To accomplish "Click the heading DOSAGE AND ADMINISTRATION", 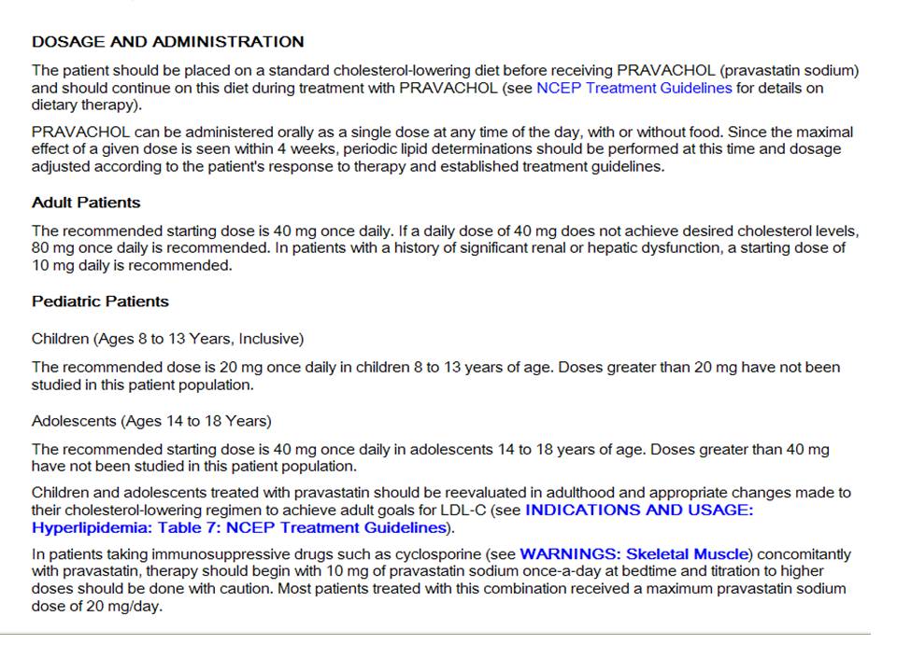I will [x=168, y=42].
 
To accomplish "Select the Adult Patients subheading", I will [x=86, y=203].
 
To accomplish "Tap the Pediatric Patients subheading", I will [x=100, y=301].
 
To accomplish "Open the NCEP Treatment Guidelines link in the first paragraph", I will [x=634, y=89].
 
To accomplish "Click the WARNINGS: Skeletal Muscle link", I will [x=634, y=553].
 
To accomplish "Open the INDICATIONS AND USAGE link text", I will [x=639, y=510].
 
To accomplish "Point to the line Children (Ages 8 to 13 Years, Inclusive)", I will [x=167, y=338].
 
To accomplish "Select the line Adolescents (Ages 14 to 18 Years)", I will [x=151, y=421].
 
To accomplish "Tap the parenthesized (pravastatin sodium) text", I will [x=789, y=70].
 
